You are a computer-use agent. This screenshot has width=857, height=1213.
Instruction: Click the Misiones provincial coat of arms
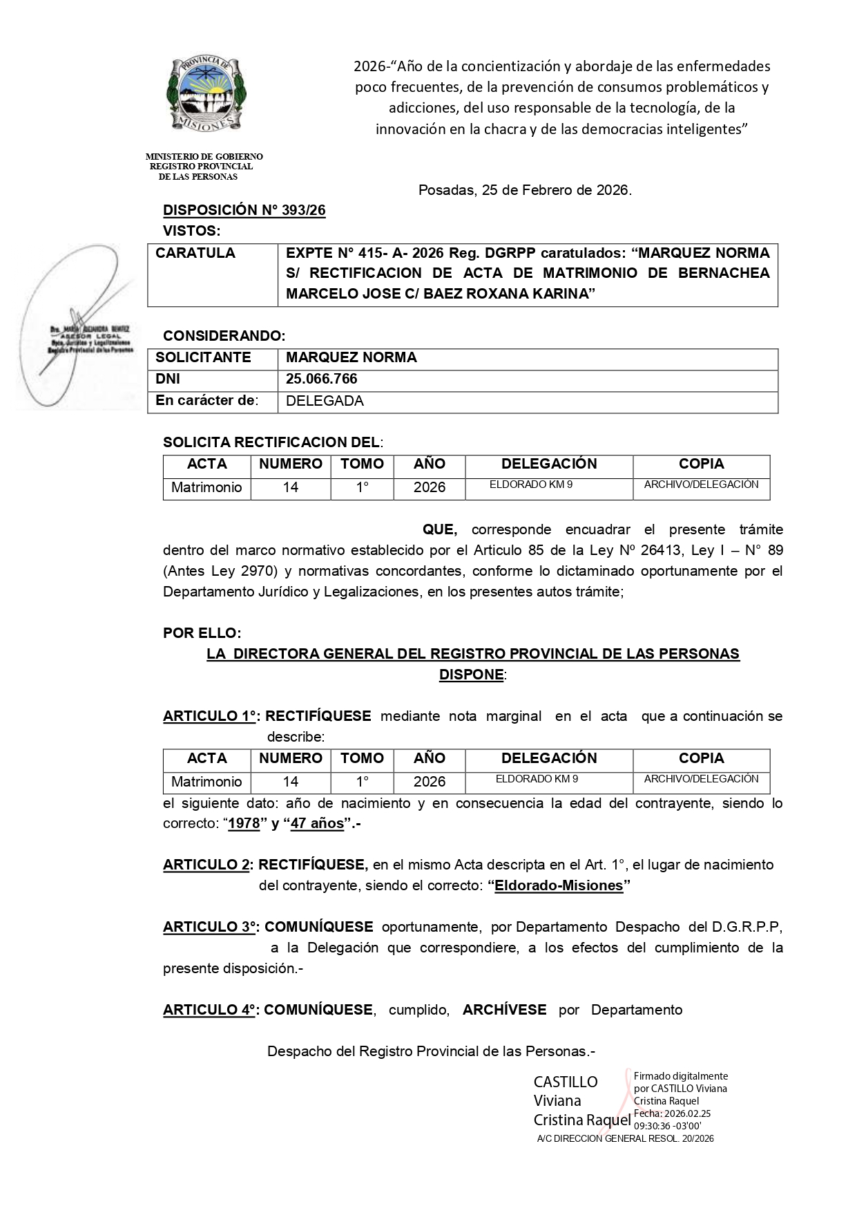(x=206, y=94)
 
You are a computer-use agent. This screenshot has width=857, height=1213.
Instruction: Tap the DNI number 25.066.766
(x=321, y=379)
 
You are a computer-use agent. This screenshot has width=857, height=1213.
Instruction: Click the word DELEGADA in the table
(x=325, y=401)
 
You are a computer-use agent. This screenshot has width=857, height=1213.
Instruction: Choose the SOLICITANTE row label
(x=203, y=357)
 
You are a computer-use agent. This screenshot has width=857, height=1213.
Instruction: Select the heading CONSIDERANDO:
(x=224, y=336)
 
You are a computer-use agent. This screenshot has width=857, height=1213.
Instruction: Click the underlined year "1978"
(x=244, y=824)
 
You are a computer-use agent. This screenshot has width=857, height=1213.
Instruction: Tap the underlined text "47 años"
(x=317, y=824)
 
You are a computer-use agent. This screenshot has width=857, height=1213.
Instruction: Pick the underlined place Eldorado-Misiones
(x=559, y=885)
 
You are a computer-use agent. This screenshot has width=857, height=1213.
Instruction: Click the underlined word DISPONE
(x=471, y=675)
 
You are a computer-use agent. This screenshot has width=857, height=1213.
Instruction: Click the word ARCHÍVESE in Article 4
(x=504, y=1010)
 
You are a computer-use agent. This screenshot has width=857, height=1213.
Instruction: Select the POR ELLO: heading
(x=202, y=633)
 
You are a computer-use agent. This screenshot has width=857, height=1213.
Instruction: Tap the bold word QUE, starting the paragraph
(x=440, y=530)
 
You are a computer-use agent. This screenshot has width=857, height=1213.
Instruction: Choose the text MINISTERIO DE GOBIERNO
(x=204, y=157)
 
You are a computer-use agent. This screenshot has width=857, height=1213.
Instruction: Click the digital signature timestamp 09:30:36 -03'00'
(x=667, y=1126)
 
